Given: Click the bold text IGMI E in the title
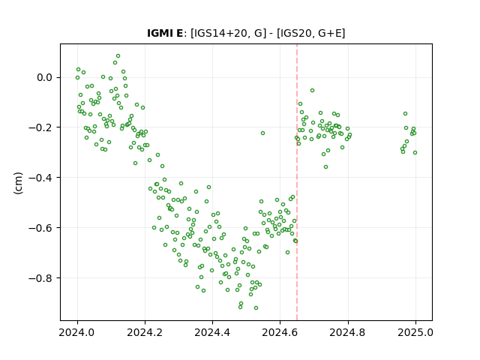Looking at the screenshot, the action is click(x=165, y=33).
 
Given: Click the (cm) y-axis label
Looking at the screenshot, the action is click(x=18, y=183).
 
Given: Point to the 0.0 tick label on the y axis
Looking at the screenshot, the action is click(x=44, y=77).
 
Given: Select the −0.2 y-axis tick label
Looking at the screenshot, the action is click(x=40, y=127).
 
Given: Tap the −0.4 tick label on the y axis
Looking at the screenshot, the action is click(x=40, y=178).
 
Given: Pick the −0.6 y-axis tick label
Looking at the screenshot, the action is click(x=40, y=228).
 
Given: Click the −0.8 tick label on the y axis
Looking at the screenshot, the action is click(x=40, y=278).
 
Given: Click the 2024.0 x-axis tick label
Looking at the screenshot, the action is click(x=77, y=332).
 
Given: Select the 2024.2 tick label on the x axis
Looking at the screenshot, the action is click(x=145, y=332).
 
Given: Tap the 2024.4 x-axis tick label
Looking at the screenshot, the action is click(x=212, y=332).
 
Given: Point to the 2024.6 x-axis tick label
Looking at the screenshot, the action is click(x=280, y=332).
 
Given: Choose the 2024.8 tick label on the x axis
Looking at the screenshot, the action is click(x=348, y=332).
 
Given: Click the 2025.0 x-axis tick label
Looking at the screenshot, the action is click(x=415, y=332).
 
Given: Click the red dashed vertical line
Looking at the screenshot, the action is click(x=297, y=182).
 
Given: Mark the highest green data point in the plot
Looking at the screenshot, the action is click(x=118, y=56).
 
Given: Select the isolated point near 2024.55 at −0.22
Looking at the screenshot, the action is click(x=262, y=133).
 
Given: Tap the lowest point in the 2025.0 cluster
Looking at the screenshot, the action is click(x=415, y=153).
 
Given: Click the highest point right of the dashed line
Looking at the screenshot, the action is click(x=312, y=90).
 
